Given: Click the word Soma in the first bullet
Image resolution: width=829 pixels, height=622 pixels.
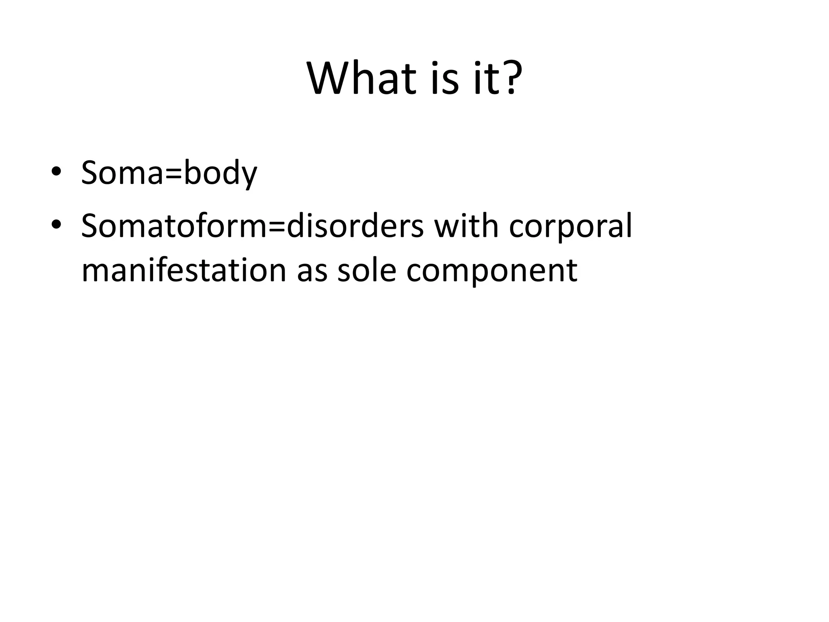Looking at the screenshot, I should point(122,173).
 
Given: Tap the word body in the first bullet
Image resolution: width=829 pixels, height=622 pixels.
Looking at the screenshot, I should point(220,173).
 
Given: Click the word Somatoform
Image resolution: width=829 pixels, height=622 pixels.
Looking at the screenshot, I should point(174,226).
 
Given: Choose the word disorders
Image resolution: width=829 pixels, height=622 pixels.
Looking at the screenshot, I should point(355,226).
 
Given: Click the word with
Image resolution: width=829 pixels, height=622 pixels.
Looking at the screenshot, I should point(466,226).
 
